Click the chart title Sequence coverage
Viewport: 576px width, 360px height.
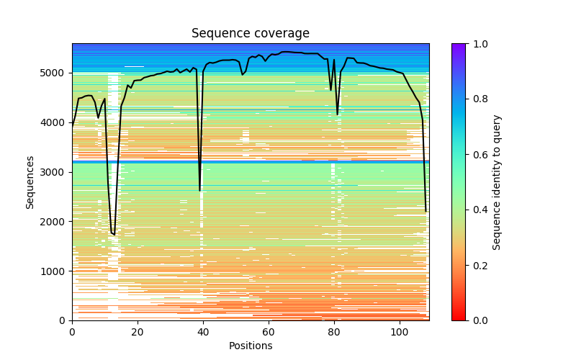click(250, 34)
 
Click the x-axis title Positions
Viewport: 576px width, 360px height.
click(250, 346)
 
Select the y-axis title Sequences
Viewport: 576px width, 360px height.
click(30, 182)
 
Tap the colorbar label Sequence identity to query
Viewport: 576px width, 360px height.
click(497, 182)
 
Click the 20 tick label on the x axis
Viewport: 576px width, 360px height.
click(138, 332)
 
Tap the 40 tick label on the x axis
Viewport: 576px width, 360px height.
click(203, 332)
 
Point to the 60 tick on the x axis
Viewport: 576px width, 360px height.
click(269, 332)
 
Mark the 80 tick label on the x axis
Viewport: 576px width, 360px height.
click(334, 332)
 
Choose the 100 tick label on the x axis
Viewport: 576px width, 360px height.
click(400, 332)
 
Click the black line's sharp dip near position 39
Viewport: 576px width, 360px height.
click(200, 191)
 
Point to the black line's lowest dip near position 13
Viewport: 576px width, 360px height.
click(114, 235)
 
